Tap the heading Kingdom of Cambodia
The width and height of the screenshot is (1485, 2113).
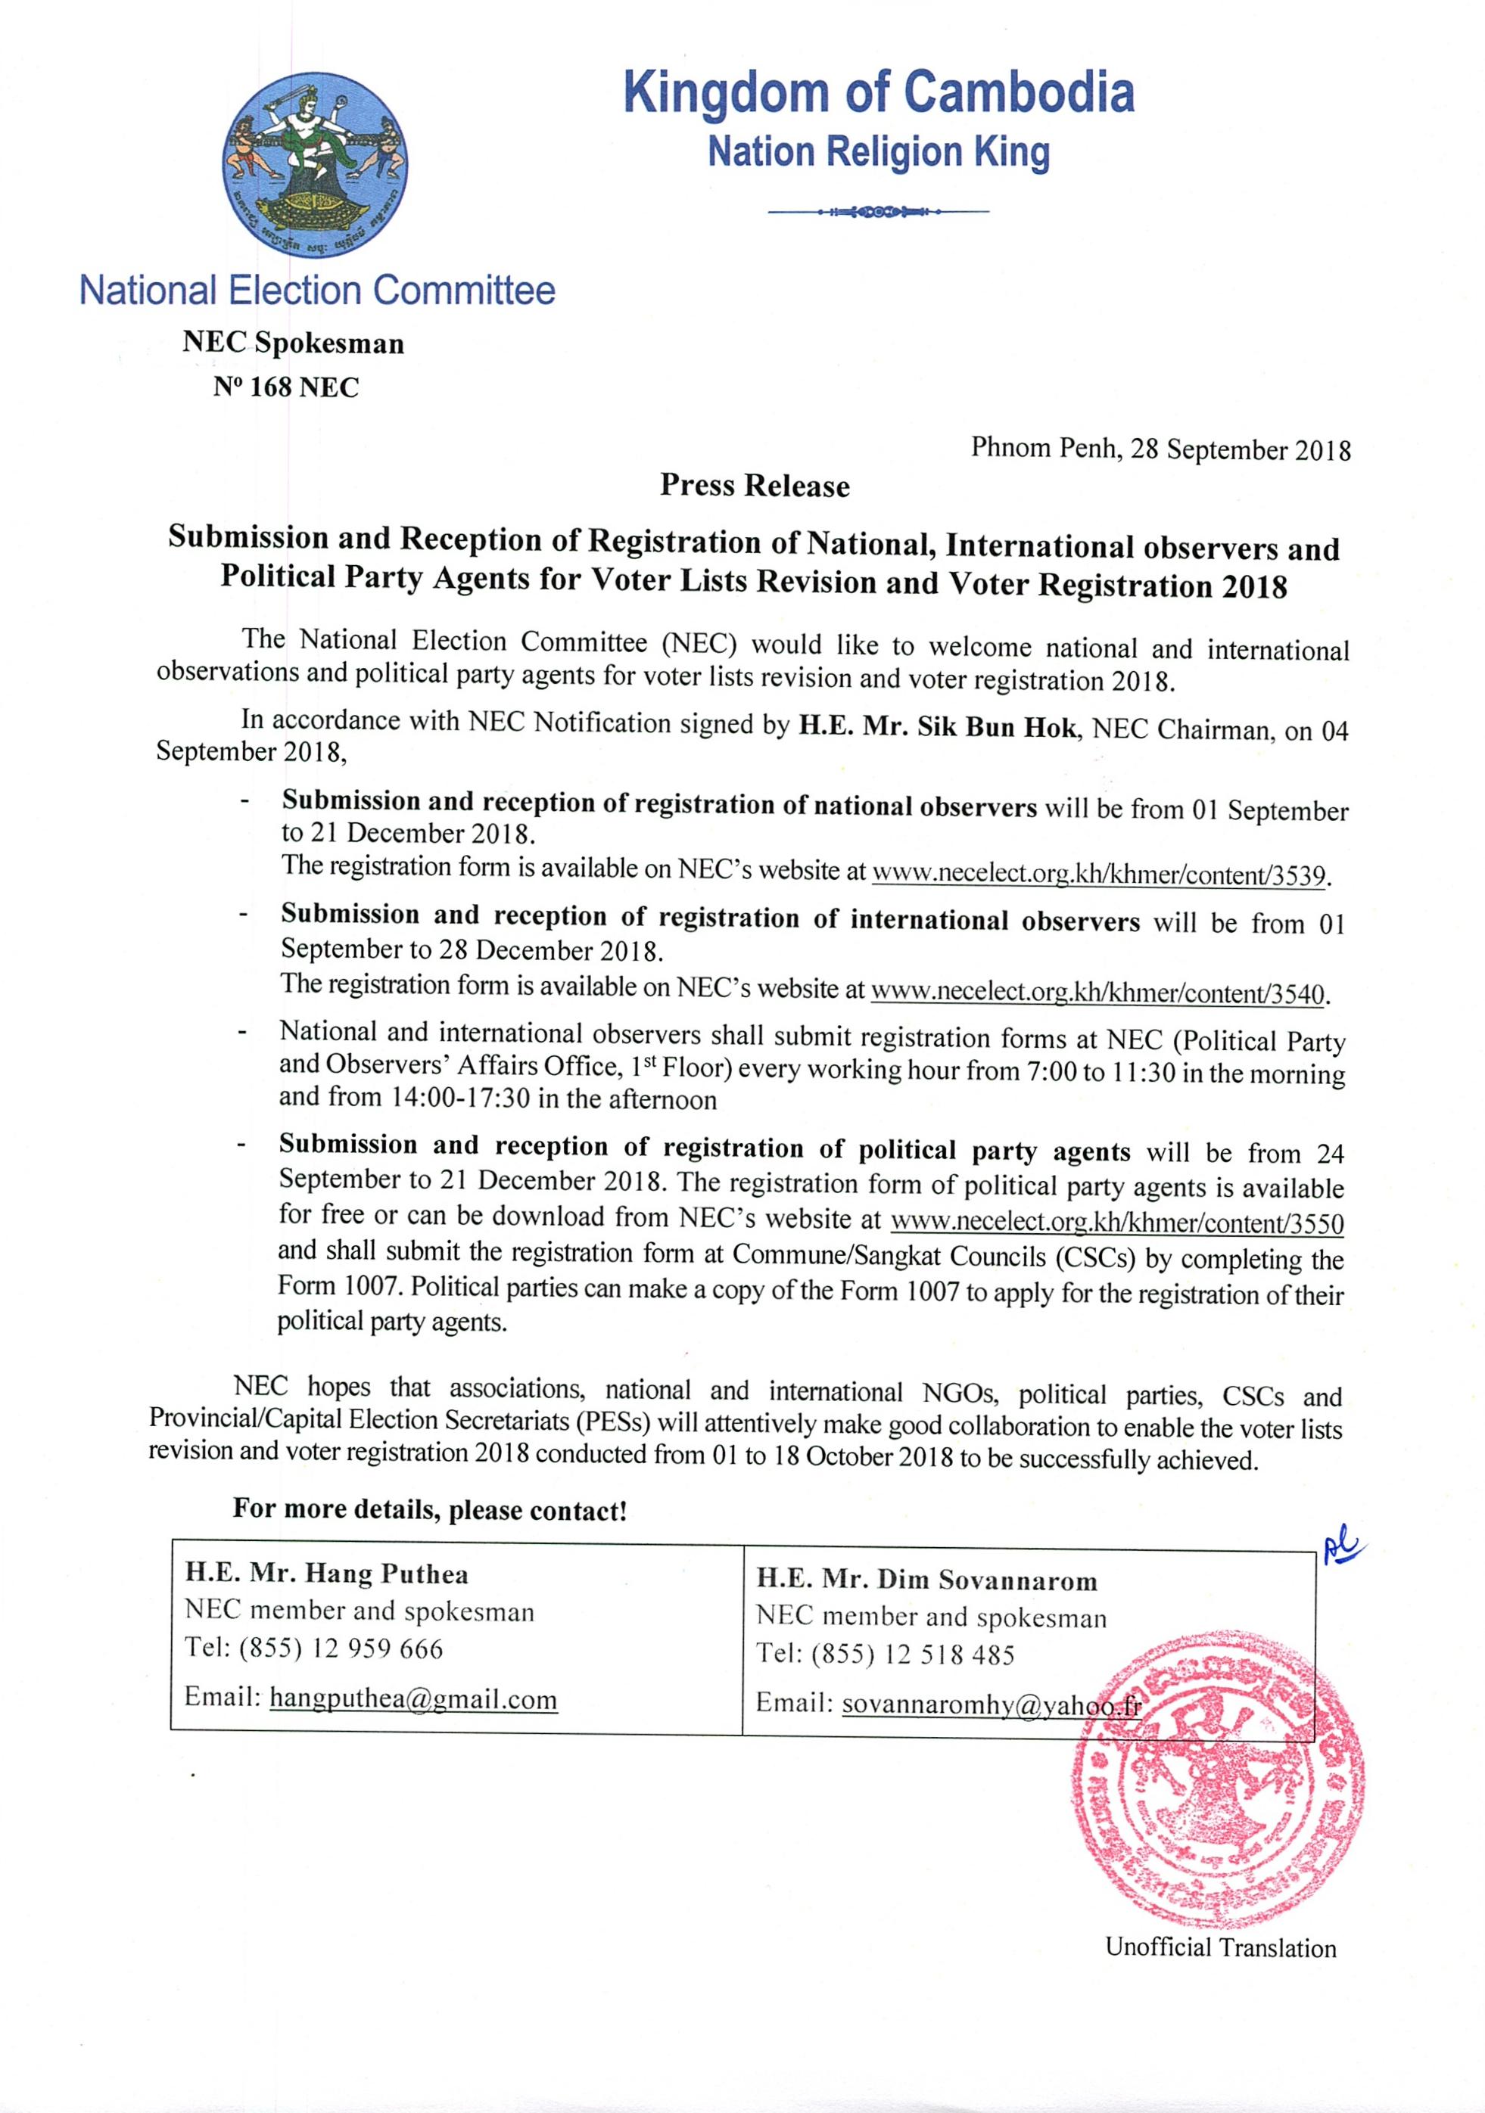(878, 93)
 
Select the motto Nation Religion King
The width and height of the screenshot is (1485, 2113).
(878, 153)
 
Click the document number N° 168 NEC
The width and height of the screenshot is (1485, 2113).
(285, 387)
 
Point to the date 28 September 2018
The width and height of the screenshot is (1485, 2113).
(1240, 450)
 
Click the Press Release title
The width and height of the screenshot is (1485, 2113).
(754, 486)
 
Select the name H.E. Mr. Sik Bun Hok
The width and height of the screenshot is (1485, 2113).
(937, 727)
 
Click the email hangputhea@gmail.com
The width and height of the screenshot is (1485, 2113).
(413, 1699)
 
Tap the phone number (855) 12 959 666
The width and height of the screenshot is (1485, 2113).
(341, 1648)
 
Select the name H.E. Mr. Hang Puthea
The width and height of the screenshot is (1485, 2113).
(327, 1574)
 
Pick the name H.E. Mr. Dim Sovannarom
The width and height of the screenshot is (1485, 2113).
(927, 1580)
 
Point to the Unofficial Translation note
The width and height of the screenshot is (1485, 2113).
(1220, 1947)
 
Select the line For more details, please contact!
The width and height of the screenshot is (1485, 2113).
(430, 1510)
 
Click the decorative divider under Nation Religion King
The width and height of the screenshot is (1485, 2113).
(877, 213)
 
